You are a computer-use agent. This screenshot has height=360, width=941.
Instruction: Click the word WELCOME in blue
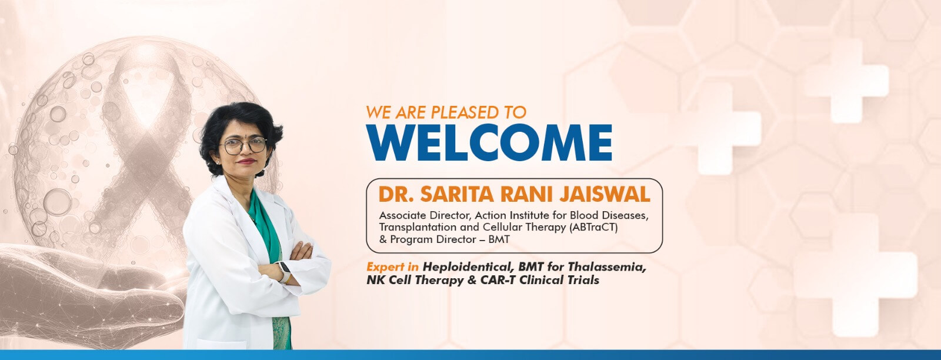click(x=489, y=143)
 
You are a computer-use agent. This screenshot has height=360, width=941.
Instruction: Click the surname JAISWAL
click(x=601, y=195)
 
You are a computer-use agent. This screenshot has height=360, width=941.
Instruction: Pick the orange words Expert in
click(x=392, y=266)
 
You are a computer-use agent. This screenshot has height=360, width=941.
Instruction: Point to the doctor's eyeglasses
click(x=243, y=145)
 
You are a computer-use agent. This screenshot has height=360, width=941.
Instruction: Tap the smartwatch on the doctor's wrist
click(x=285, y=272)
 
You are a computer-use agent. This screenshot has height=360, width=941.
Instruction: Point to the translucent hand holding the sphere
click(x=84, y=294)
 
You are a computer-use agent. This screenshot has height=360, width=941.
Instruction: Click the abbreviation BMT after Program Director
click(x=499, y=240)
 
